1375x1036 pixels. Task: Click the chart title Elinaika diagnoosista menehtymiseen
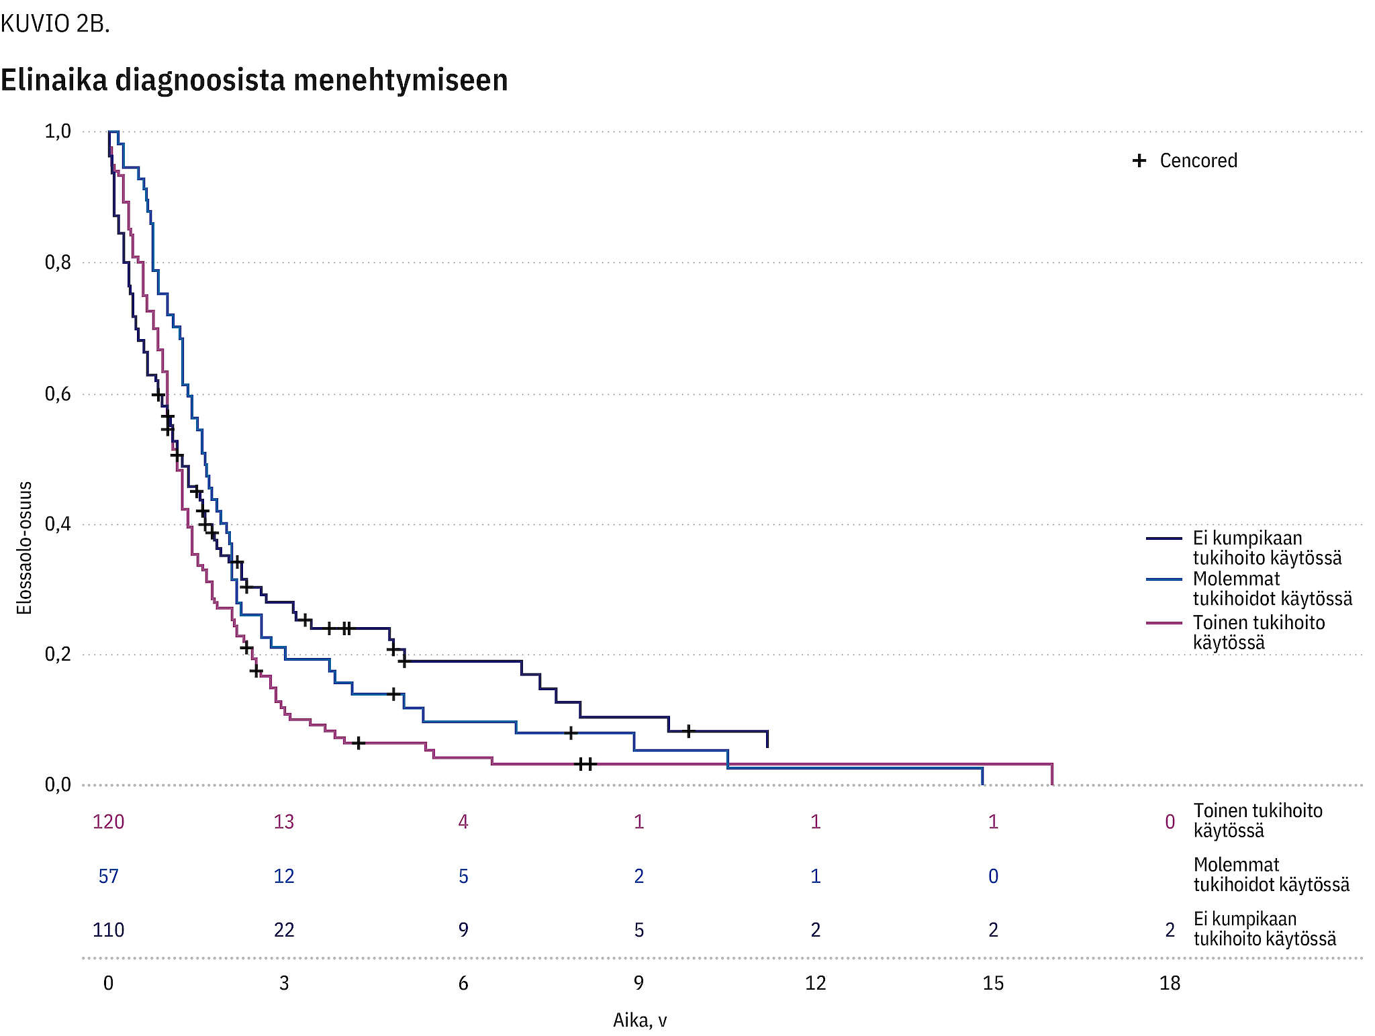coord(254,80)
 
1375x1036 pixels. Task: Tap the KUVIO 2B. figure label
coord(55,24)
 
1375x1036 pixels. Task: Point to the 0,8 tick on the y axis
coord(58,263)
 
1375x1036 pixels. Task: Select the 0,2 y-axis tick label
coord(58,655)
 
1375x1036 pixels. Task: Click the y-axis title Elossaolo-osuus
coord(25,548)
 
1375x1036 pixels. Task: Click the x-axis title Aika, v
coord(640,1021)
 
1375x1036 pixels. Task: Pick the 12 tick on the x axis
coord(815,984)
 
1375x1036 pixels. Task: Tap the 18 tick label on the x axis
coord(1170,984)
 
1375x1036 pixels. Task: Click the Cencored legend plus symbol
coord(1139,161)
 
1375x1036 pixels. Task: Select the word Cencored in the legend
coord(1198,161)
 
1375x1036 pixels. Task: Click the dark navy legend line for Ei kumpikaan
coord(1164,538)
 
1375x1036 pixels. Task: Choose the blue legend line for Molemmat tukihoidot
coord(1164,579)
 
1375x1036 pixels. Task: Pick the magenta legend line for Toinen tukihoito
coord(1164,623)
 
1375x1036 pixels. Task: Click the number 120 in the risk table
coord(108,822)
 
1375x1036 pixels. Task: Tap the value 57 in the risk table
coord(108,876)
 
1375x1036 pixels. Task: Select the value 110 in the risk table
coord(108,930)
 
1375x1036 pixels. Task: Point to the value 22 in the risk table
coord(284,930)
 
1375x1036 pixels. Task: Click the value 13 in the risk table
coord(284,822)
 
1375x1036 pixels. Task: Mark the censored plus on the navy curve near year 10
coord(688,731)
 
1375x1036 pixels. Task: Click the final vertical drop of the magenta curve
coord(1051,774)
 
